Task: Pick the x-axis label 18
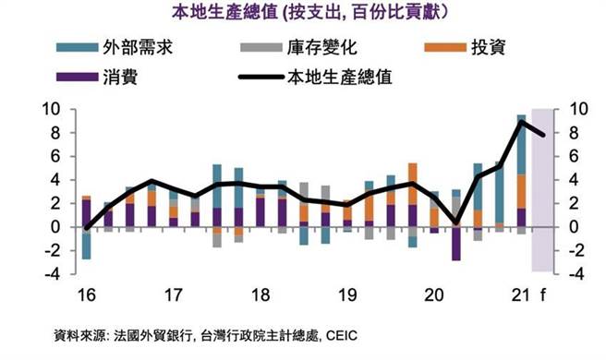coord(260,295)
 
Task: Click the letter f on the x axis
coord(543,295)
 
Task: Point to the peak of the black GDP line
coord(522,122)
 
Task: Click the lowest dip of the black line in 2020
coord(455,223)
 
